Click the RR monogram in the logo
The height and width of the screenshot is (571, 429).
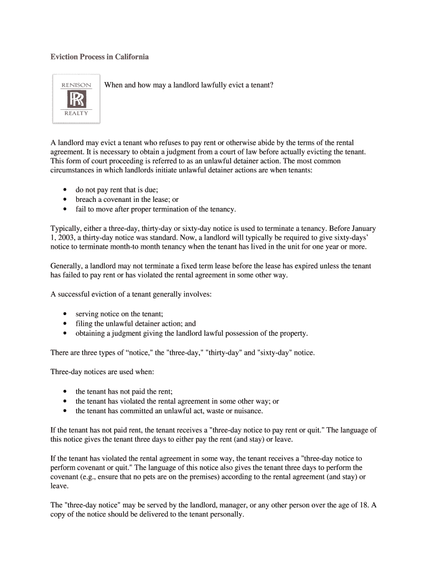pyautogui.click(x=76, y=99)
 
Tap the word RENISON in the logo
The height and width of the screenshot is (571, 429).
pyautogui.click(x=76, y=85)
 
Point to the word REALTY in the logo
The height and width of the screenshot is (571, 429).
pyautogui.click(x=76, y=114)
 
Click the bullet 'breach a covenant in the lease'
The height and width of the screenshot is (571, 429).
pyautogui.click(x=127, y=199)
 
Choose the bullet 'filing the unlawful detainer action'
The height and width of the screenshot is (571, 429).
pyautogui.click(x=135, y=323)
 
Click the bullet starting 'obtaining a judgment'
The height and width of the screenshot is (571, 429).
pyautogui.click(x=192, y=333)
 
